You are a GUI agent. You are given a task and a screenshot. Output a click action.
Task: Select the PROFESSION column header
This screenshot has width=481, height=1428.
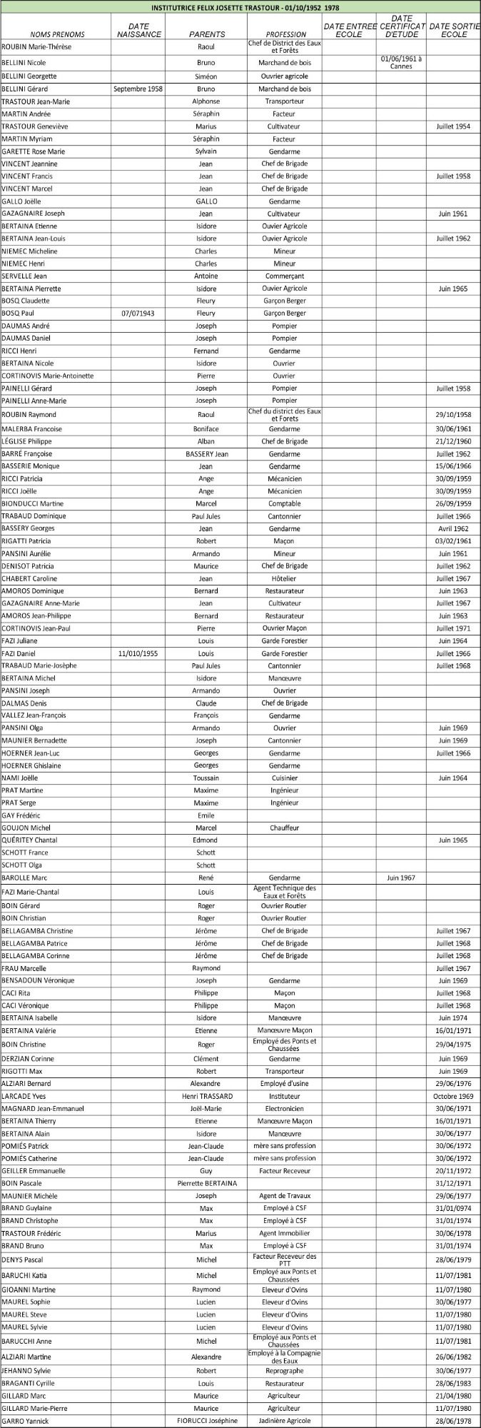coord(285,34)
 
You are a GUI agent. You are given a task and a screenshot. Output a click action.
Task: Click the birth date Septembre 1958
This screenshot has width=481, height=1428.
coord(138,89)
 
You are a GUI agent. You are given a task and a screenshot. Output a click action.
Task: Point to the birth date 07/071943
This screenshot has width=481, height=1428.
coord(138,313)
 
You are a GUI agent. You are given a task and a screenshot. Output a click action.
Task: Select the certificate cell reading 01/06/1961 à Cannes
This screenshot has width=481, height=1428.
coord(401,62)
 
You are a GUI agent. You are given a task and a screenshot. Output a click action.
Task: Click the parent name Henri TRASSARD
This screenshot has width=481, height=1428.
coord(206,1096)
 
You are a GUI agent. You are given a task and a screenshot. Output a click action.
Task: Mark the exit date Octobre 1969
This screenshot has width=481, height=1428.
coord(453,1096)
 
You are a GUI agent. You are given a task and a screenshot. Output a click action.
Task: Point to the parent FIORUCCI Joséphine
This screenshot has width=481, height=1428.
coord(206,1421)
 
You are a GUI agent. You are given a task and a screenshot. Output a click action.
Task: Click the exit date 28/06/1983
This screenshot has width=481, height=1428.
coord(453,1383)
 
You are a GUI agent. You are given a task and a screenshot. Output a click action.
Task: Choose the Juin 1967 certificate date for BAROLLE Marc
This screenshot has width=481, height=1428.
coord(401,878)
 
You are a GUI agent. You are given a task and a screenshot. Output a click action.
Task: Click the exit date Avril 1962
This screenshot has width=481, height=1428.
coord(453,528)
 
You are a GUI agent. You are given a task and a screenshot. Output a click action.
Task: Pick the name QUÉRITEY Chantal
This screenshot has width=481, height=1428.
coord(29,840)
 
